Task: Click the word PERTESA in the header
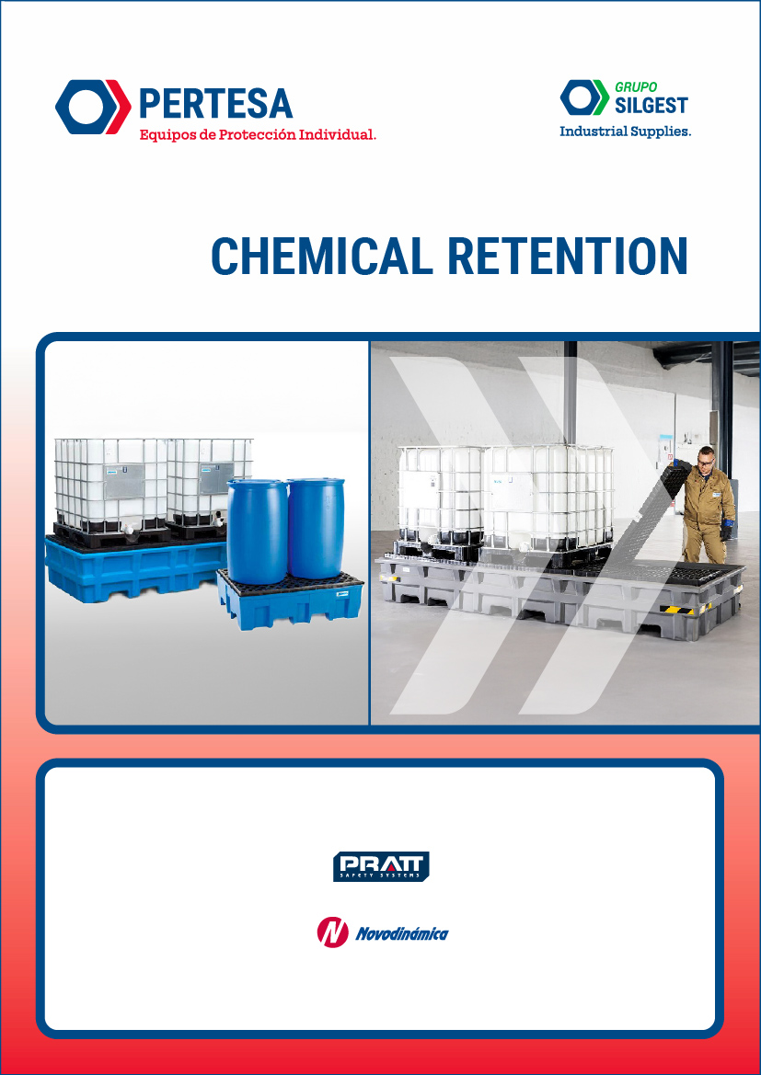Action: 215,103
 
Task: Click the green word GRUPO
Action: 636,87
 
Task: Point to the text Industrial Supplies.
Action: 625,132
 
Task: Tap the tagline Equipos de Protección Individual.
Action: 258,135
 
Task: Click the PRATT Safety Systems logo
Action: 381,866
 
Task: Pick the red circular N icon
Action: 331,932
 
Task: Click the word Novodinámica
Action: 402,934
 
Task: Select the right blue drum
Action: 316,528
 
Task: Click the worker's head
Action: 705,459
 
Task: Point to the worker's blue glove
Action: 726,532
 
